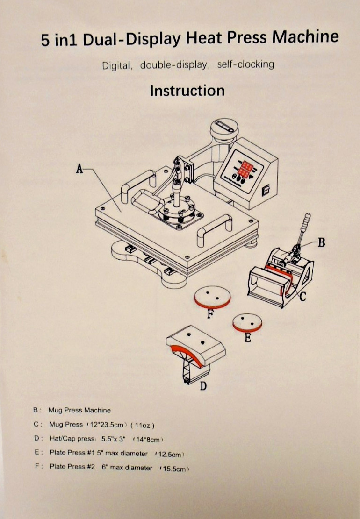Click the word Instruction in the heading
pos(187,90)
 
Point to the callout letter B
pos(321,242)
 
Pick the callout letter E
pos(248,338)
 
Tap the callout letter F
pos(210,314)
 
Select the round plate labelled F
pos(213,297)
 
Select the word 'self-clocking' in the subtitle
pos(245,64)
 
